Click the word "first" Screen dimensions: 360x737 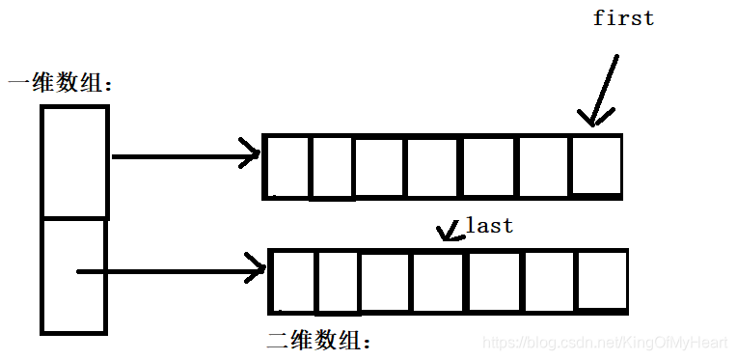pos(623,18)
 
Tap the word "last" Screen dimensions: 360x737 pos(489,226)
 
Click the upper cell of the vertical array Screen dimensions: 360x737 pos(74,161)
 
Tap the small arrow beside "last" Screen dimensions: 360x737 pos(448,231)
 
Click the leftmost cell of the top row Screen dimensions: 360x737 pos(287,167)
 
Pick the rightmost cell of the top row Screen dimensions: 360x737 pos(595,165)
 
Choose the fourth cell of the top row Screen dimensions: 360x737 pos(432,167)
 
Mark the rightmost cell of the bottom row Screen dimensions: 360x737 pos(601,281)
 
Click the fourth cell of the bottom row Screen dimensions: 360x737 pos(439,281)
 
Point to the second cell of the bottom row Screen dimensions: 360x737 pos(337,281)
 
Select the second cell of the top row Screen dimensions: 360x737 pos(331,167)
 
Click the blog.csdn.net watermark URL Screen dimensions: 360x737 pos(605,342)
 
